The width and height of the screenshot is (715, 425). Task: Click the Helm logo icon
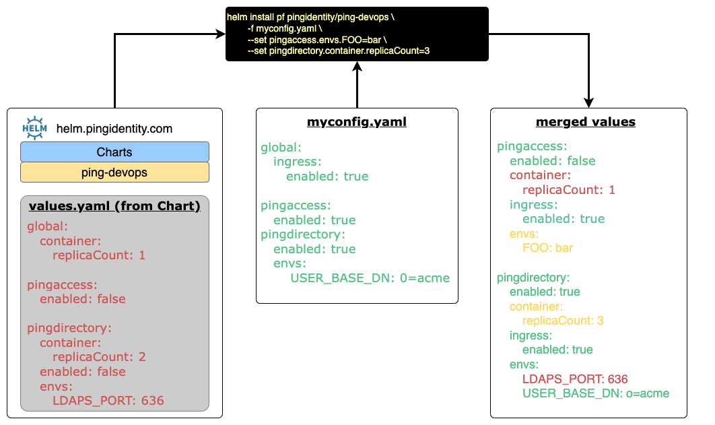click(34, 127)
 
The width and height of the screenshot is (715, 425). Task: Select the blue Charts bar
click(114, 152)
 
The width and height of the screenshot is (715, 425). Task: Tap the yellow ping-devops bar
click(114, 172)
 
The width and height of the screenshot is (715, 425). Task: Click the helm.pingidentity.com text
click(114, 129)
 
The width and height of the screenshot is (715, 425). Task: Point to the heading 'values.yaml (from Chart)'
click(114, 206)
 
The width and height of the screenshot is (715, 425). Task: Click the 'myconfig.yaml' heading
click(357, 122)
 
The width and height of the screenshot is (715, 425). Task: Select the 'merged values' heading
click(586, 122)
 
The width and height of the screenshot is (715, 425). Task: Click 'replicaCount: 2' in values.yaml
click(99, 357)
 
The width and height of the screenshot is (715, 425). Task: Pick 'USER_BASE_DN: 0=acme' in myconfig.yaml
click(370, 277)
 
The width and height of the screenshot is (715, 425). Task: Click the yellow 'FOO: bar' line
click(547, 248)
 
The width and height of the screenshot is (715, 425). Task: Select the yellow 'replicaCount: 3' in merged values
click(563, 321)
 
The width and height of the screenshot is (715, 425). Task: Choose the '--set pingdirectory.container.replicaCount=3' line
click(338, 51)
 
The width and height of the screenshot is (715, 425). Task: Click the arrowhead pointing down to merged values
click(589, 102)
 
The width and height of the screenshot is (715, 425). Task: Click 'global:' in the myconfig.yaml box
click(281, 147)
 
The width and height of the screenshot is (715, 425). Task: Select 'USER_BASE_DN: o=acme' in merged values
click(596, 393)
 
